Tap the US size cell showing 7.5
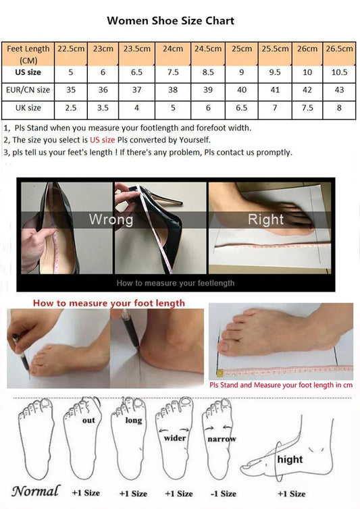point(172,72)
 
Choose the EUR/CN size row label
point(28,89)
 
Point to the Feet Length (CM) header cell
point(28,53)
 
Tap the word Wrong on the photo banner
point(111,219)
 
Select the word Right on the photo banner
point(265,219)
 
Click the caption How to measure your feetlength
point(176,283)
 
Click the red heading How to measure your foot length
point(109,303)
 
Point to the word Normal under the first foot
point(35,491)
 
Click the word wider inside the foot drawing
point(174,437)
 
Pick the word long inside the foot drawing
point(133,420)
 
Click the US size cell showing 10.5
point(340,72)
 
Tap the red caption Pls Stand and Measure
point(280,385)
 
